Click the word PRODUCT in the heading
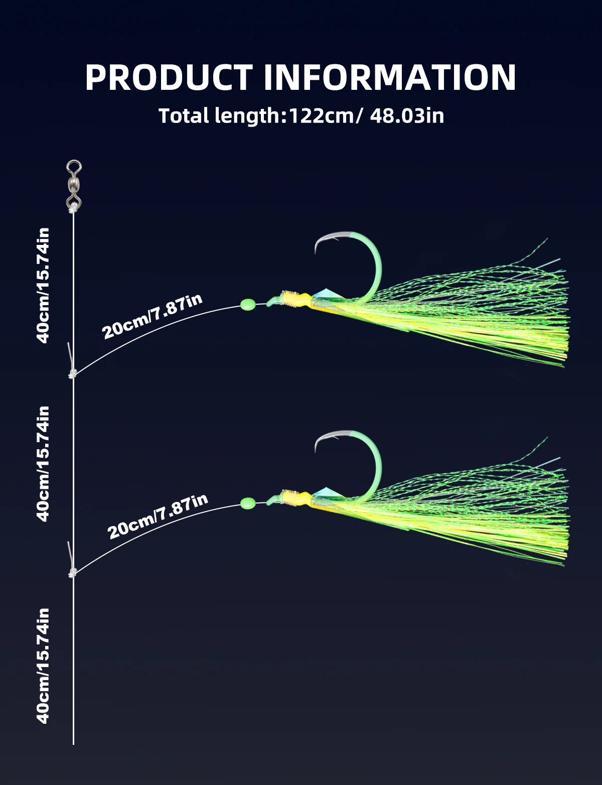169,77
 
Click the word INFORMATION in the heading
389,77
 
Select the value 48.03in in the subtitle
407,116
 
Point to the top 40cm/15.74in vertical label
43,285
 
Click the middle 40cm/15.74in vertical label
43,463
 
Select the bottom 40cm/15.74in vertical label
43,666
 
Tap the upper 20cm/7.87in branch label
152,317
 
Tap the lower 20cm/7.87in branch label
158,516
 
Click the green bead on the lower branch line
248,502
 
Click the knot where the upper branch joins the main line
73,373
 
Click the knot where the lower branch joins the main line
73,572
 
